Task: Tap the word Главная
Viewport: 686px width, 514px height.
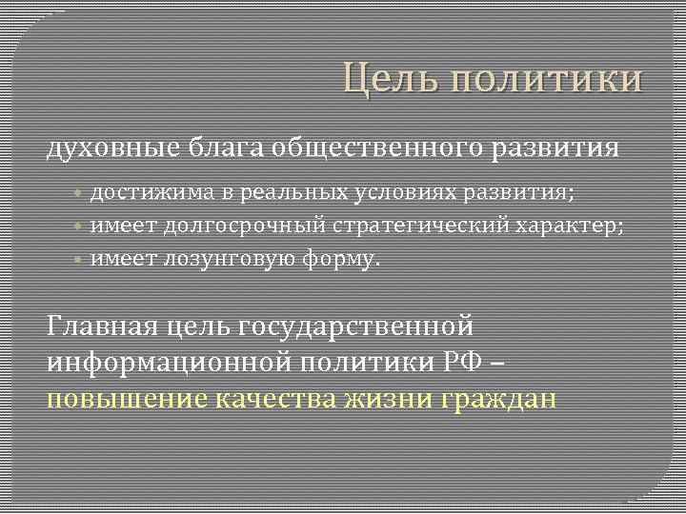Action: [102, 326]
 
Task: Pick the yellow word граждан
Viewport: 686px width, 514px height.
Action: [500, 397]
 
